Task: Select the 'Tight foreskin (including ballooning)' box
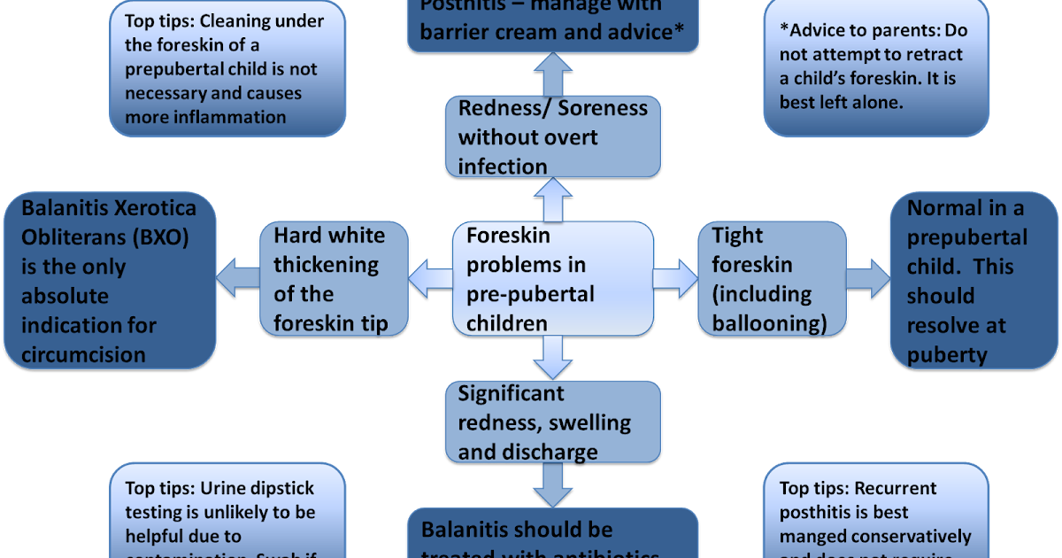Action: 770,280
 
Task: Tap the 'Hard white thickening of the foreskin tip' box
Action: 334,280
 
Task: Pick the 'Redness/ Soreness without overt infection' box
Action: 552,136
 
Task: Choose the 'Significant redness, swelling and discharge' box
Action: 552,422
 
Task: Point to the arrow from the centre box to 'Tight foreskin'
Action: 675,278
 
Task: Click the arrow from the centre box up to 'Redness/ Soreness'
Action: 552,198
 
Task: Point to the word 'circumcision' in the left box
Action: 83,354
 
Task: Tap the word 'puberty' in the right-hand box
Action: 946,354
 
